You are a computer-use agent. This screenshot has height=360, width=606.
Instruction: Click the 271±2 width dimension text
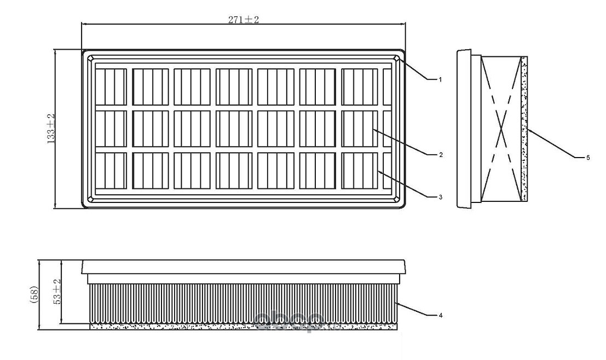pyautogui.click(x=243, y=20)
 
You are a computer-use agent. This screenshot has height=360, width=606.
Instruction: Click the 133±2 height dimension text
pyautogui.click(x=51, y=129)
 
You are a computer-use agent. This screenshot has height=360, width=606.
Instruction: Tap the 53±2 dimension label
pyautogui.click(x=56, y=292)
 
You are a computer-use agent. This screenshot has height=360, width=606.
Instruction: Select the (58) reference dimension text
pyautogui.click(x=33, y=296)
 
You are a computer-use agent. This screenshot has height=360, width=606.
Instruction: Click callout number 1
pyautogui.click(x=439, y=79)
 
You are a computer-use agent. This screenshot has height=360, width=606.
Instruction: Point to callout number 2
pyautogui.click(x=439, y=155)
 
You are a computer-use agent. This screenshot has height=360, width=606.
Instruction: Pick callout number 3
pyautogui.click(x=439, y=196)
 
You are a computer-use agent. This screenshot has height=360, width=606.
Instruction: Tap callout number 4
pyautogui.click(x=439, y=315)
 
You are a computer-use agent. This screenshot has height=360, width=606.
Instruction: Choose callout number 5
pyautogui.click(x=587, y=158)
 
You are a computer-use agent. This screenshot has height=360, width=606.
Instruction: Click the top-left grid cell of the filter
pyautogui.click(x=111, y=86)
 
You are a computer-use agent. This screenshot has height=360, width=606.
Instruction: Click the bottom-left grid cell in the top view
pyautogui.click(x=111, y=171)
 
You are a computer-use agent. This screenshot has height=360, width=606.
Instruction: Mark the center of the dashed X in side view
pyautogui.click(x=503, y=129)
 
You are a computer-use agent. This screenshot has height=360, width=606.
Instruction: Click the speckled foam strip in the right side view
pyautogui.click(x=524, y=129)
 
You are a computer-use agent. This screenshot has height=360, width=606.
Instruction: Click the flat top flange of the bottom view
pyautogui.click(x=244, y=267)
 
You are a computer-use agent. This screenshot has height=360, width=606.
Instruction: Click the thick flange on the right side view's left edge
pyautogui.click(x=464, y=129)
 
